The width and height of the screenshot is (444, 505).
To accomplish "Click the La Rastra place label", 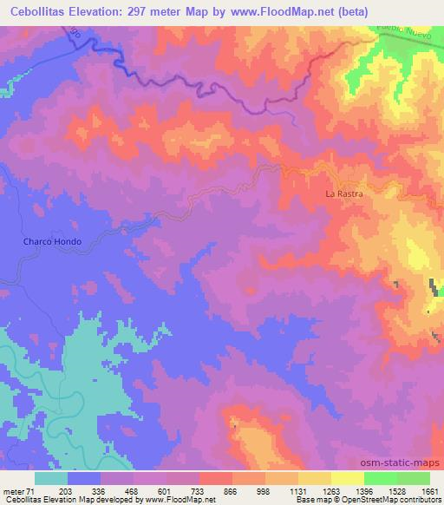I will click(343, 193).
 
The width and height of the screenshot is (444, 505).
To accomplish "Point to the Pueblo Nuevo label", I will click(402, 32).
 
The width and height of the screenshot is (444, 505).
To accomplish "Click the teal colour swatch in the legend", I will click(51, 478).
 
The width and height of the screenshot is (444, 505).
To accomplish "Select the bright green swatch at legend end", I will click(414, 478).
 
